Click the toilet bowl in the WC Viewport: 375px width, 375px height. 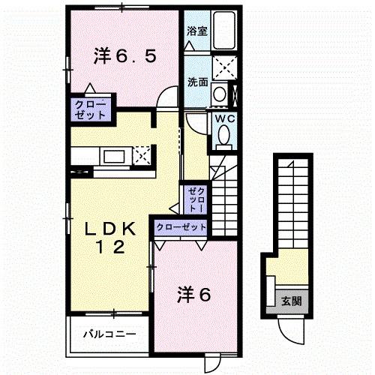coord(225,136)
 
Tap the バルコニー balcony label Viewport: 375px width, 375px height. coord(108,334)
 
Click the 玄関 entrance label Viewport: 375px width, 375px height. coord(292,301)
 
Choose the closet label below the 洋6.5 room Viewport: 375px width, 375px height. coord(90,109)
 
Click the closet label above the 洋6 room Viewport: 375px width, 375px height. coord(180,226)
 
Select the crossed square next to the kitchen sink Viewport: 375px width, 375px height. coord(142,156)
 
